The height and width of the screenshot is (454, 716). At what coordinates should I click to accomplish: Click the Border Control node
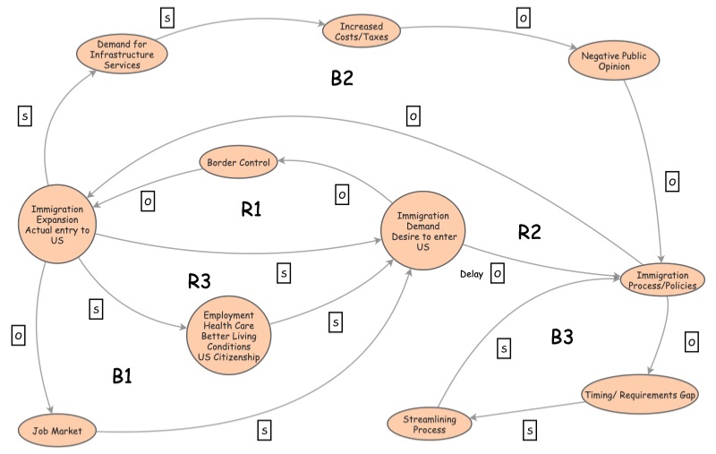click(x=239, y=163)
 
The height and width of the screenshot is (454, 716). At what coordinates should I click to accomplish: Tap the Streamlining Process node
click(x=430, y=423)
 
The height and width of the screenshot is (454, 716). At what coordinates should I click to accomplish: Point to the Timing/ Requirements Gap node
click(x=646, y=394)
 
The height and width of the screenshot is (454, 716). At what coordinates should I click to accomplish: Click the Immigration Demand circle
click(x=422, y=228)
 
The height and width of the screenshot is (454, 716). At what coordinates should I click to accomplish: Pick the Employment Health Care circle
click(x=228, y=336)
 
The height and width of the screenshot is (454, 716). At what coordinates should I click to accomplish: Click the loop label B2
click(x=342, y=78)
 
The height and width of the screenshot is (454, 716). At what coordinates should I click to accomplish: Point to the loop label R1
click(x=251, y=210)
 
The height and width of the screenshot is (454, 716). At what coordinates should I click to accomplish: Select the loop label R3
click(x=199, y=281)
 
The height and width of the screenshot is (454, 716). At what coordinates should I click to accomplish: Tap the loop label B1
click(x=123, y=376)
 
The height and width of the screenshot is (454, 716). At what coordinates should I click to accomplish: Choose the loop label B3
click(x=561, y=337)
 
